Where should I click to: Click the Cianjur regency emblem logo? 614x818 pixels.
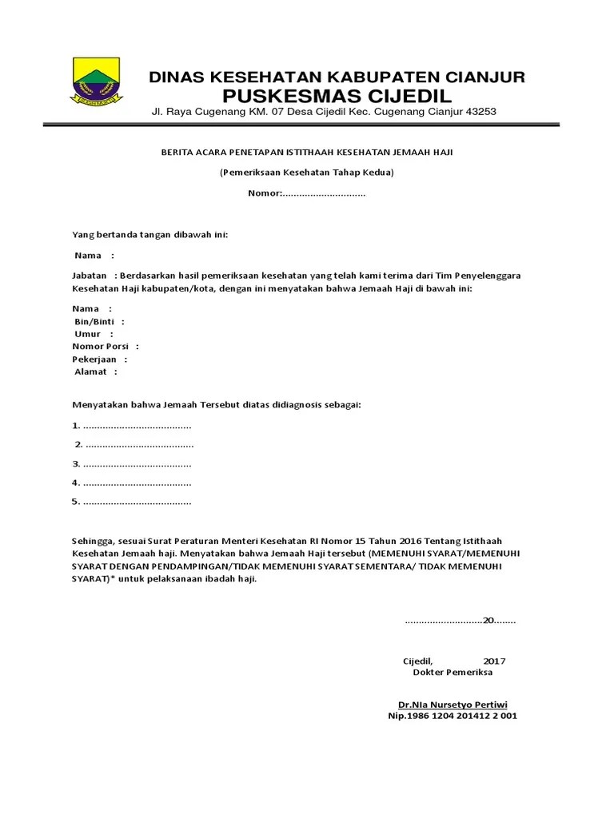[95, 81]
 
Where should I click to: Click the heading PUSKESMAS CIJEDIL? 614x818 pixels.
[336, 96]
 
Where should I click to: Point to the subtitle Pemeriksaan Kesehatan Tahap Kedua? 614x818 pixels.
[308, 173]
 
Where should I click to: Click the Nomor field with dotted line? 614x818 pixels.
[308, 193]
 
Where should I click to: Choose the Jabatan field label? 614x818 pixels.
[89, 275]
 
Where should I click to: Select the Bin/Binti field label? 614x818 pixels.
[94, 321]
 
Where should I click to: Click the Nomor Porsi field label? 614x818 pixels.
[100, 347]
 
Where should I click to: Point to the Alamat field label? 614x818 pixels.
[90, 371]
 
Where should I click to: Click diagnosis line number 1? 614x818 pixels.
[132, 425]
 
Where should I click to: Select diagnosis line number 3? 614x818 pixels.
[132, 463]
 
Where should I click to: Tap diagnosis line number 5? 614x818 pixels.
[132, 502]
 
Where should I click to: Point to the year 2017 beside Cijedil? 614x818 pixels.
[494, 661]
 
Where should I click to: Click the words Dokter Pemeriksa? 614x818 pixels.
[453, 673]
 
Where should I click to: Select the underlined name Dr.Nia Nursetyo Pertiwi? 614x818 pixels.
[453, 705]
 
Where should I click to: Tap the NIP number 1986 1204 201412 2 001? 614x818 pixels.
[453, 716]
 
